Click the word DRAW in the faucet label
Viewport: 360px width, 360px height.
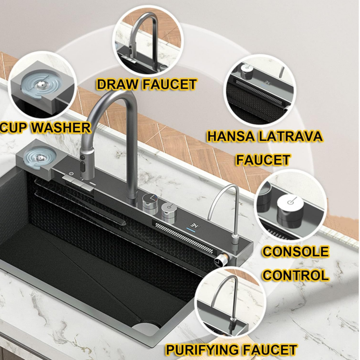coord(117,84)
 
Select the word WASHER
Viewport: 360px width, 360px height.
coord(61,128)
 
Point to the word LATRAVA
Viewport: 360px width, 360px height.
coord(290,136)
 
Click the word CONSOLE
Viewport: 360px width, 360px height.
coord(296,252)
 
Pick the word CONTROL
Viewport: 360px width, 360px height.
coord(296,275)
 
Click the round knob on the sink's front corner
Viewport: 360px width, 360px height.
coord(220,261)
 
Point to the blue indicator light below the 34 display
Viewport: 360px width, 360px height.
coord(191,230)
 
